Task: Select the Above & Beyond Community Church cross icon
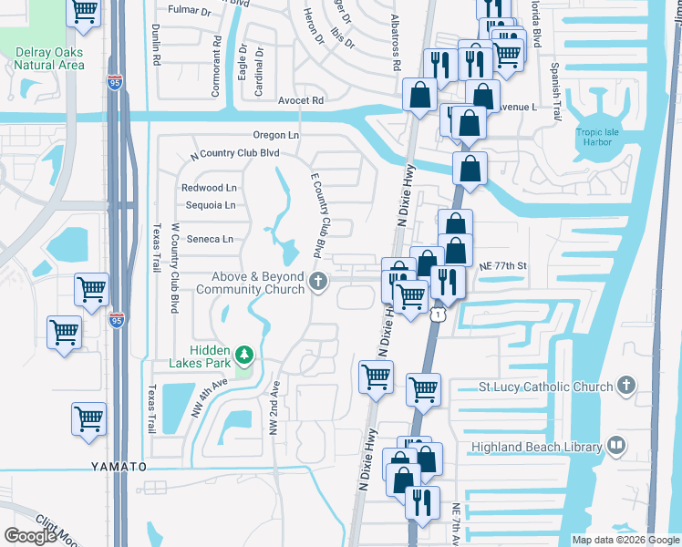[x=318, y=281]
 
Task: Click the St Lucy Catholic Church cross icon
[x=625, y=386]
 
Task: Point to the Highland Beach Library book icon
[x=616, y=446]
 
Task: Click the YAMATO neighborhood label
[x=119, y=467]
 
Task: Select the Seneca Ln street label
[x=210, y=239]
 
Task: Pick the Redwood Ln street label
[x=209, y=188]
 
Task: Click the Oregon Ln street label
[x=276, y=135]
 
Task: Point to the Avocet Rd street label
[x=302, y=100]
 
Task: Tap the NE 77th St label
[x=503, y=264]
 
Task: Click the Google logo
[x=30, y=536]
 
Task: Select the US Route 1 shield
[x=438, y=314]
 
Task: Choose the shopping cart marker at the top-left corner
[x=84, y=11]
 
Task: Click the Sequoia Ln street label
[x=211, y=205]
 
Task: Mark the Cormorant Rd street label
[x=217, y=54]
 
